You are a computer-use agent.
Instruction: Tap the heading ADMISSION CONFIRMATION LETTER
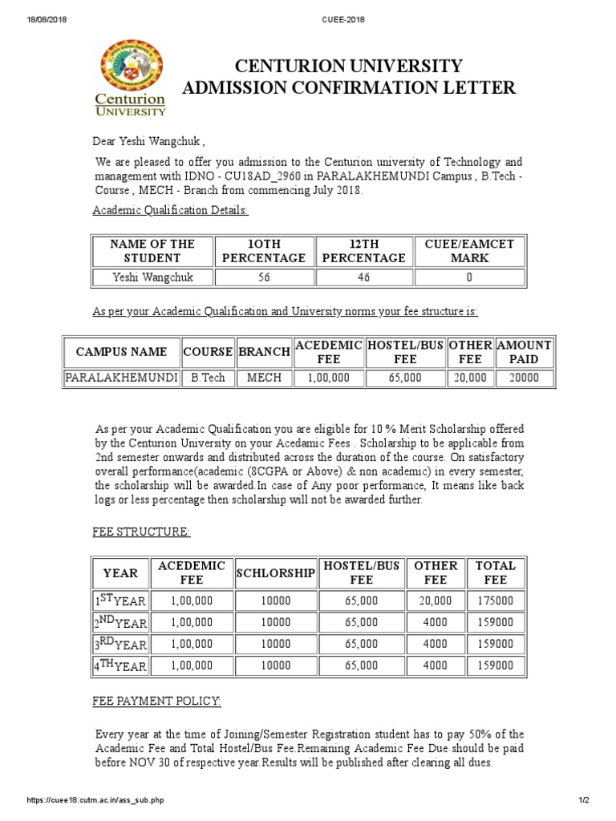click(349, 88)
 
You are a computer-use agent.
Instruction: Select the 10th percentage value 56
click(265, 277)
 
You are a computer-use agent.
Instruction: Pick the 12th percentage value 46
click(363, 277)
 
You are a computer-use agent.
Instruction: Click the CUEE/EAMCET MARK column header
click(469, 251)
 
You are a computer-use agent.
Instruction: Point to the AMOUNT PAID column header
click(525, 352)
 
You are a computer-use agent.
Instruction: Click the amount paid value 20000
click(525, 377)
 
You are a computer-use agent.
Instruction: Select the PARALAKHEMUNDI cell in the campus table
click(121, 377)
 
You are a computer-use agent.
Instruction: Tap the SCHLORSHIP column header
click(275, 572)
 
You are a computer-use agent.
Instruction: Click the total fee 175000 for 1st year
click(496, 601)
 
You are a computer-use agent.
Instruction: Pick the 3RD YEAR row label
click(120, 644)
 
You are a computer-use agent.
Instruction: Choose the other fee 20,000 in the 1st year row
click(436, 601)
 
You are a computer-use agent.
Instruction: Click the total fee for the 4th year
click(496, 665)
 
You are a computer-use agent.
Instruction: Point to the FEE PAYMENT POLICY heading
click(157, 701)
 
